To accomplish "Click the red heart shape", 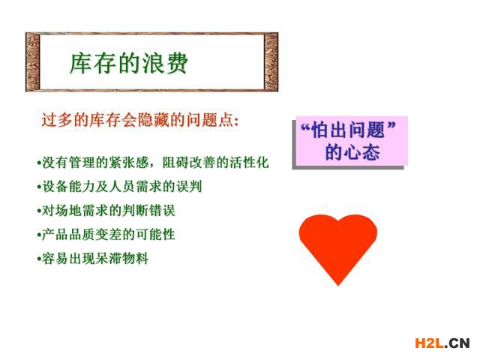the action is point(338,245).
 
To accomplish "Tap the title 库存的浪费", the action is point(128,64).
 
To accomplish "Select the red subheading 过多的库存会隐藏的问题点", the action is point(140,120).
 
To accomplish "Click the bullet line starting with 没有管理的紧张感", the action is point(153,162).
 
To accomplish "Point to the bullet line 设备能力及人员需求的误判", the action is point(119,187).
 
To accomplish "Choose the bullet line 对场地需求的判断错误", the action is point(106,211).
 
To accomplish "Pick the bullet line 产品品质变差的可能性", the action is point(106,235).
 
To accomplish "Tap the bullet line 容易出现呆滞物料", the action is point(92,259).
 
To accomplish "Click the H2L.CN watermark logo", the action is point(442,343).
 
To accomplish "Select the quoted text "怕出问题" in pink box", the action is point(349,130).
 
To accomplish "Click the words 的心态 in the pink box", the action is point(352,152).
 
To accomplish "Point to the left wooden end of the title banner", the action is point(33,61).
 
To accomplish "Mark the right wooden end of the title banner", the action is point(271,61).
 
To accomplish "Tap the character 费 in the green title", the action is point(176,64).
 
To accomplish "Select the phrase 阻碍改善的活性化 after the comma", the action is point(215,162).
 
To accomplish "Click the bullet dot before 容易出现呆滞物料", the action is point(39,259).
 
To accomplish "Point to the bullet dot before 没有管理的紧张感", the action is point(39,163).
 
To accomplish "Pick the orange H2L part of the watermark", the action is point(428,343).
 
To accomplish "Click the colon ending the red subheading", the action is point(235,121).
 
